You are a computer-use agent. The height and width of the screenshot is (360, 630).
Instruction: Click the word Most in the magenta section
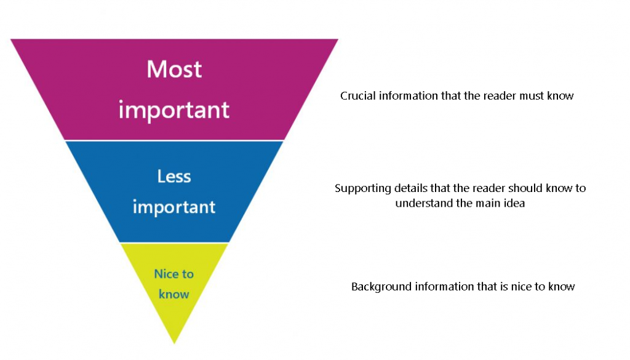click(174, 69)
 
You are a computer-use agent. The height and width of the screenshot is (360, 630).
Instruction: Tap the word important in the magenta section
click(174, 110)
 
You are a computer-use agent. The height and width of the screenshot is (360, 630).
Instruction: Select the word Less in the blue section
click(174, 177)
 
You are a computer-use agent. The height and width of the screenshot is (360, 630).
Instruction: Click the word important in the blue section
click(174, 207)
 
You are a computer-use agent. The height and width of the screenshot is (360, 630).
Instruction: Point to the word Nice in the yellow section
click(165, 274)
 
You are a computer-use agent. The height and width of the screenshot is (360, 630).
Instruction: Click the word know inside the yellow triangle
click(174, 294)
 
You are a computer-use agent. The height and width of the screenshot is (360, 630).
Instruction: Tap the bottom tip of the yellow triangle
click(175, 342)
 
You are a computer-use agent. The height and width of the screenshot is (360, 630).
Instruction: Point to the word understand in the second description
click(424, 203)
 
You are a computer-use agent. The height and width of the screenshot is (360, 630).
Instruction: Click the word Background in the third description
click(382, 287)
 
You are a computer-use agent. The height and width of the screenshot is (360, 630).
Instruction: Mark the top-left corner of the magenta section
click(11, 40)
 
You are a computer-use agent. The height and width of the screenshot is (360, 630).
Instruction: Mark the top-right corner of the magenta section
click(338, 40)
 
